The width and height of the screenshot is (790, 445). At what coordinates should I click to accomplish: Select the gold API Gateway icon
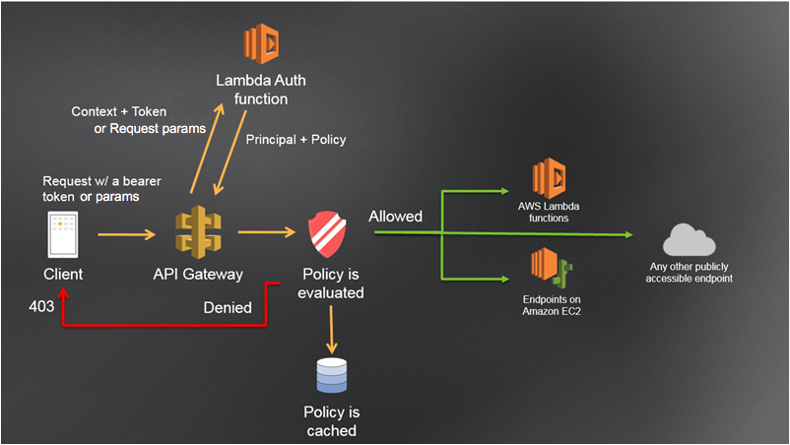click(x=198, y=233)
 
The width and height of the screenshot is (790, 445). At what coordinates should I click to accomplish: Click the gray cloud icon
click(x=689, y=238)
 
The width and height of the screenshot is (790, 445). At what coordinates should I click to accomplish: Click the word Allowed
click(x=396, y=216)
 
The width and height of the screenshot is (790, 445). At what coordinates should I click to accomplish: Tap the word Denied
click(x=228, y=308)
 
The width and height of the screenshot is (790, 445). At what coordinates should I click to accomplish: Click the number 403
click(x=42, y=308)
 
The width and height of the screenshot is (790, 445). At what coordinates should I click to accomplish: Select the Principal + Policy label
click(x=296, y=140)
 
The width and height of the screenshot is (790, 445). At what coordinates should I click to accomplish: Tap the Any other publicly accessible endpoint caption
click(x=690, y=272)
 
